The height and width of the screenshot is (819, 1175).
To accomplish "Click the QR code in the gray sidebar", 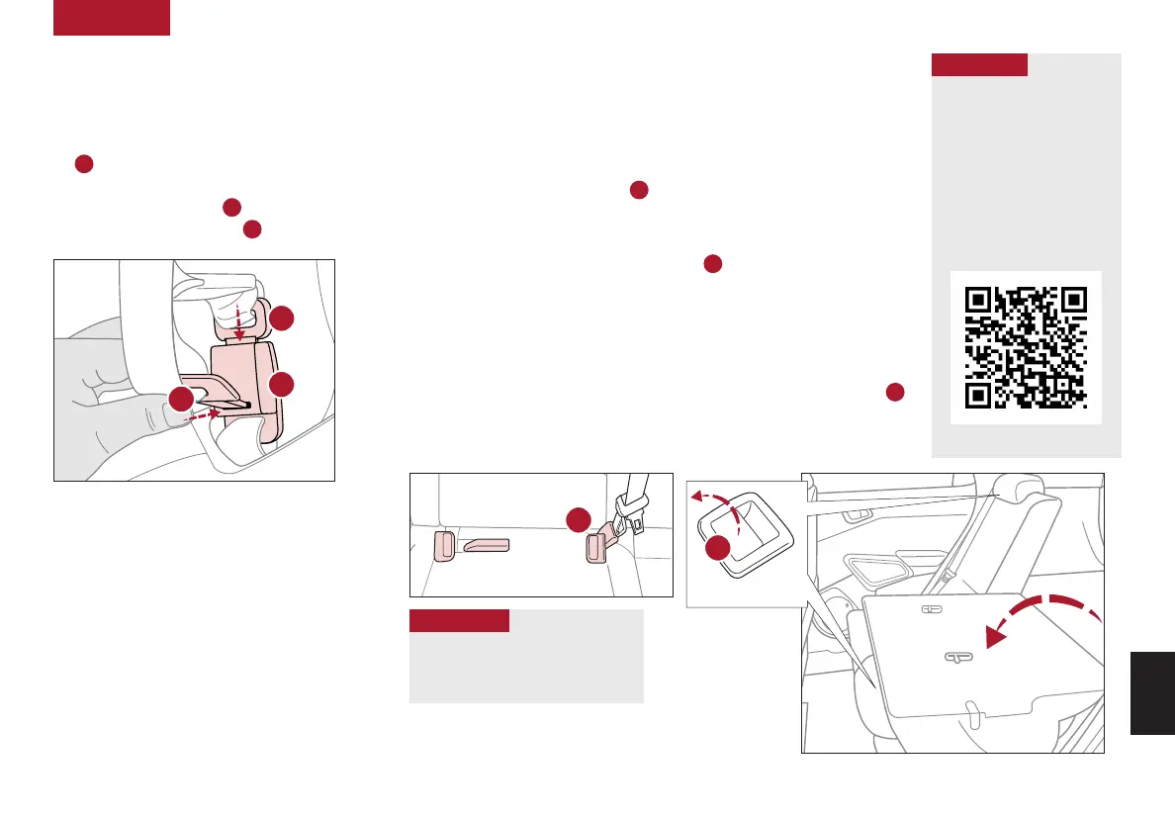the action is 1026,347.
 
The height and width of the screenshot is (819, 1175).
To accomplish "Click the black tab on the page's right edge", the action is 1152,691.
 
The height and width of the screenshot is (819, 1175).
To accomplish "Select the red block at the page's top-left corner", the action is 111,18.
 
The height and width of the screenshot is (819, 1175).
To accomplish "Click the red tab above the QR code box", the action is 979,64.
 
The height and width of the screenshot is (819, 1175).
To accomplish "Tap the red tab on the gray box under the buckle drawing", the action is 459,620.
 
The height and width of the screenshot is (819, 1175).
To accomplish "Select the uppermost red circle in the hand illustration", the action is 282,318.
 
